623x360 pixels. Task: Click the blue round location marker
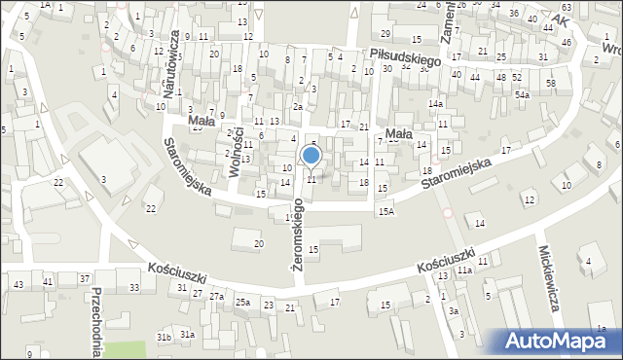point(311,155)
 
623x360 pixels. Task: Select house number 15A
point(386,211)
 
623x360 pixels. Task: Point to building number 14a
point(435,103)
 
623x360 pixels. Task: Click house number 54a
point(523,95)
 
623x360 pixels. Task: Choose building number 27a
point(216,295)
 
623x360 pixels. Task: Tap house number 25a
point(242,303)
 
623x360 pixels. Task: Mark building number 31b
point(165,337)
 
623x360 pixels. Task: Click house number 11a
point(465,270)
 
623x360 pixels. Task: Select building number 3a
point(454,311)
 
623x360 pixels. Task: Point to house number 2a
point(299,107)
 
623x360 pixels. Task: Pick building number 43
point(19,283)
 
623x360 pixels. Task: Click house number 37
point(85,280)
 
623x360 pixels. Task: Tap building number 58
point(551,84)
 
